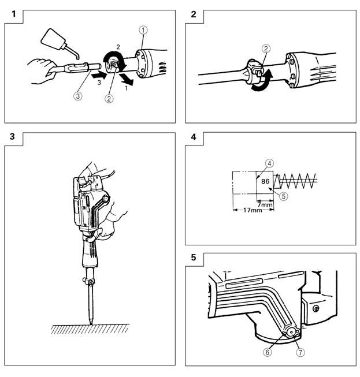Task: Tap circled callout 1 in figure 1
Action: coord(143,30)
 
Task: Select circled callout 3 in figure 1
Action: coord(78,96)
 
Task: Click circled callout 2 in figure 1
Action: coord(109,98)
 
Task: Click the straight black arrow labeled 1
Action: coord(126,80)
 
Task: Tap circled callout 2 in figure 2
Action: coord(266,49)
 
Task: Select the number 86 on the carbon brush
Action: coord(265,181)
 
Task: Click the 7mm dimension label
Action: coord(265,204)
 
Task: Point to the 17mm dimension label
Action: coord(253,210)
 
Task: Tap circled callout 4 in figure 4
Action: coord(269,163)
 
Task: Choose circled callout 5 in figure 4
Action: coord(284,196)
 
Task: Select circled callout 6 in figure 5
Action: coord(268,353)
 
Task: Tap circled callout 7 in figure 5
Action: coord(300,353)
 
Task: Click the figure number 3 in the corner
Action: coord(12,137)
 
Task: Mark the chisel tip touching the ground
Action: coord(91,324)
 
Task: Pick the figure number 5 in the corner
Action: coord(194,257)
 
